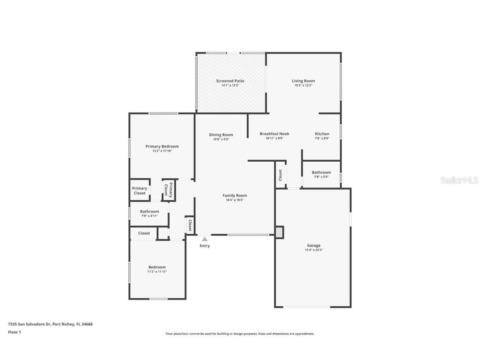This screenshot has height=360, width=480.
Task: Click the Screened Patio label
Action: point(230,81)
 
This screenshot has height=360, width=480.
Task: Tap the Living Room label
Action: point(303,81)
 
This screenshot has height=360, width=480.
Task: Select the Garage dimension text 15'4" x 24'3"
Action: point(314,250)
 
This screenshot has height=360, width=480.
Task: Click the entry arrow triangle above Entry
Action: point(205,239)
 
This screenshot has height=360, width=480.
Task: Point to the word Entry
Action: point(205,246)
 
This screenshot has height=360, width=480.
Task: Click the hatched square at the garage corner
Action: point(279,232)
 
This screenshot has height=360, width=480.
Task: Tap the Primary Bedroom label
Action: point(162,146)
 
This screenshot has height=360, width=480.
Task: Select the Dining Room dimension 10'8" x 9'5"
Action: point(221,139)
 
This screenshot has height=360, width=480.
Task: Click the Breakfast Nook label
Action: point(274,134)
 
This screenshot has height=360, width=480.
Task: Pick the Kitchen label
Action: point(322,134)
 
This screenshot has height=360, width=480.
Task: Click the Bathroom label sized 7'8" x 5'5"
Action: point(321,172)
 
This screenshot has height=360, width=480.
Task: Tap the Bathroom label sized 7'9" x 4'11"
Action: point(149,212)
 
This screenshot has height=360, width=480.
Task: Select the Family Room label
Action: point(235,195)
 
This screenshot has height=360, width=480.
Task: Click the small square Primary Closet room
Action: point(140,191)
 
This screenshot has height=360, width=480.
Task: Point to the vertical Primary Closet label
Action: point(168,190)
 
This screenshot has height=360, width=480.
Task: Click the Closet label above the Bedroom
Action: point(144,233)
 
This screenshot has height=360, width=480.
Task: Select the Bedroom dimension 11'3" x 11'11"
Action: point(157,272)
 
